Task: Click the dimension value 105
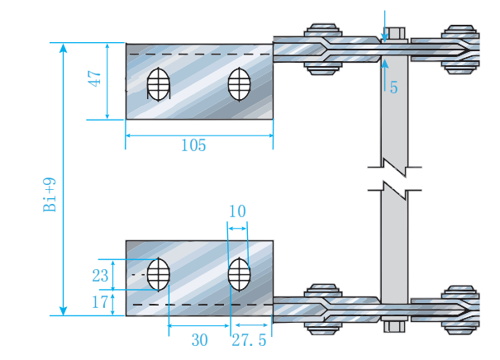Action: (x=193, y=145)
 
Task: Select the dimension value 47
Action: (x=96, y=80)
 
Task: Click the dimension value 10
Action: (x=236, y=211)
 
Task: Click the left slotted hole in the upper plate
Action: (x=158, y=83)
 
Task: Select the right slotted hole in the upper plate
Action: (x=239, y=83)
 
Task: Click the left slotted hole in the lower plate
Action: (x=158, y=274)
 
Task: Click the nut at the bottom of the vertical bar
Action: (x=394, y=323)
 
